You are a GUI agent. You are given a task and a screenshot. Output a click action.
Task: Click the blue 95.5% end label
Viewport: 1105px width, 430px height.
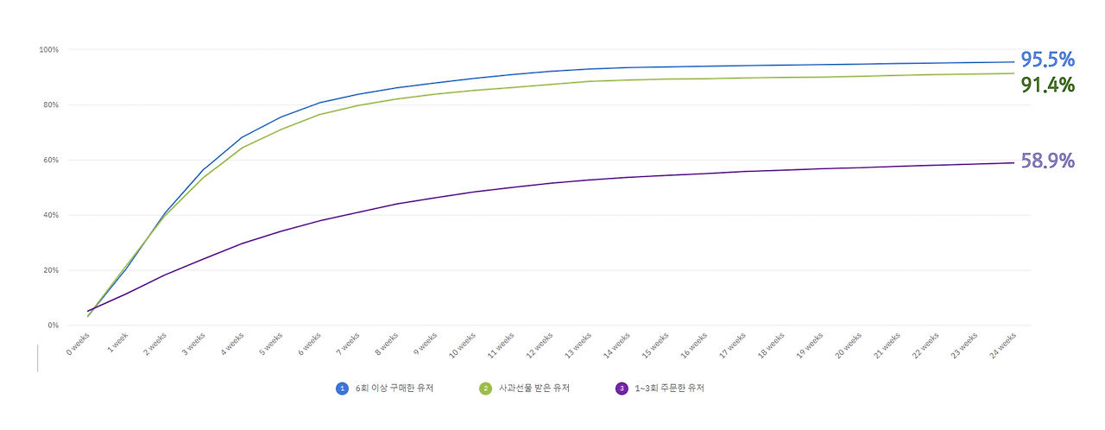point(1047,60)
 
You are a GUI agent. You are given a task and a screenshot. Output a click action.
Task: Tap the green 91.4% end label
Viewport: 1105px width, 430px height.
point(1047,85)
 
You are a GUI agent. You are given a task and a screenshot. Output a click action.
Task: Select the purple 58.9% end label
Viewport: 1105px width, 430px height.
point(1047,161)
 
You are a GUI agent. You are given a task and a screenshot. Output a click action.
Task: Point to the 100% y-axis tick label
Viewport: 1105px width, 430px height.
point(49,50)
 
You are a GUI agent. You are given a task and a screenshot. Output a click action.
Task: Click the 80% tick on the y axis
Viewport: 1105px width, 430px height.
point(51,105)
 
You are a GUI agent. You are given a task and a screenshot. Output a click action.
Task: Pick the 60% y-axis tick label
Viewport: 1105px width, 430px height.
point(51,161)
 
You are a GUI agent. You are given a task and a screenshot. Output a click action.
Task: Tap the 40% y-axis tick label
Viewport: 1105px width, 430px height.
point(51,215)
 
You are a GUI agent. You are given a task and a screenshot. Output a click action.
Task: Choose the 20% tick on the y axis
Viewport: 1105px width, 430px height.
point(51,270)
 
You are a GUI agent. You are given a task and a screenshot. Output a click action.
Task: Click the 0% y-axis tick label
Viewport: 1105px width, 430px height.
point(53,326)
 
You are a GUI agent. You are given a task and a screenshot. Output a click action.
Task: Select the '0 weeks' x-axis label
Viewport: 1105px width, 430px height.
point(78,344)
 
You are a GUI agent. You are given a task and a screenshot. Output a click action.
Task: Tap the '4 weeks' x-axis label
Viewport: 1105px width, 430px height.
point(232,344)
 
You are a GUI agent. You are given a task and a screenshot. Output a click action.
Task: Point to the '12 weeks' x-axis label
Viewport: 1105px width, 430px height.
point(540,345)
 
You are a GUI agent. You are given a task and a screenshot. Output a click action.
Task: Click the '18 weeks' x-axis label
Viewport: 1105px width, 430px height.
point(771,345)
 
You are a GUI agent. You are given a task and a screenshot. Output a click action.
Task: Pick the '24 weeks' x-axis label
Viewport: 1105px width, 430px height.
point(1003,345)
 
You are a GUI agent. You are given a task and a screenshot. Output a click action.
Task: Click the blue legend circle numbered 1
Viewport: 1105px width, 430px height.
point(342,389)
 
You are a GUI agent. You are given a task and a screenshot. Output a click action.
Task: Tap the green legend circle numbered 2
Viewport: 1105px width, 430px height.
point(485,389)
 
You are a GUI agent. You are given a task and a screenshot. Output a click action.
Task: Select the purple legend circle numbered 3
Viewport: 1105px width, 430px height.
point(622,389)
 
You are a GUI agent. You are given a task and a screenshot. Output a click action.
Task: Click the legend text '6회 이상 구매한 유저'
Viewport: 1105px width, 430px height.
point(395,389)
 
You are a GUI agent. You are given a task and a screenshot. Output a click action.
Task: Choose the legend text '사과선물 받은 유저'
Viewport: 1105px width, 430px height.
point(534,389)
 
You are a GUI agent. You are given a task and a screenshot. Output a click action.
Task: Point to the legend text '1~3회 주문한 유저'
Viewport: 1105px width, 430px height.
point(669,389)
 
